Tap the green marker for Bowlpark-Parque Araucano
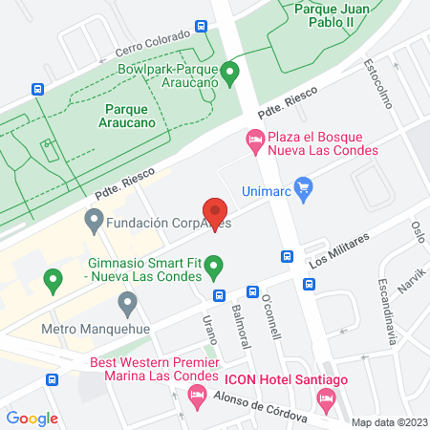tap(228, 72)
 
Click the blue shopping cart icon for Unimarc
tap(304, 186)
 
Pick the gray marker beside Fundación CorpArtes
tap(94, 224)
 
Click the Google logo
tap(32, 418)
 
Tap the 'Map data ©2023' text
tap(389, 422)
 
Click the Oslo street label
tap(417, 232)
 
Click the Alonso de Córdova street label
tap(261, 408)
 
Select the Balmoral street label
tap(241, 325)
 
